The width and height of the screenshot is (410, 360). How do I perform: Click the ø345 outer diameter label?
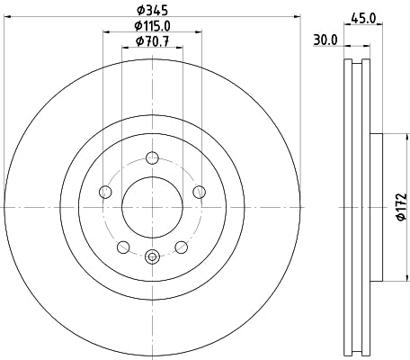tap(152, 10)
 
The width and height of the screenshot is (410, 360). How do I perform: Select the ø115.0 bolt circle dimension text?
tap(152, 26)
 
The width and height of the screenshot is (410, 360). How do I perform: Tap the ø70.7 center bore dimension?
tap(152, 41)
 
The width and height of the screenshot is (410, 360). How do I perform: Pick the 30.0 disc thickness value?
tap(325, 40)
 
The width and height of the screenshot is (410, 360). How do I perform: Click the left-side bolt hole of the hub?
tap(105, 192)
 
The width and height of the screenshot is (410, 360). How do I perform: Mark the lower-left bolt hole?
tap(123, 247)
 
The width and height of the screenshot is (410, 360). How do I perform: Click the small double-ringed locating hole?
tap(151, 256)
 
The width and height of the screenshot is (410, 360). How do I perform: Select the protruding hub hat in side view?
tap(377, 207)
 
